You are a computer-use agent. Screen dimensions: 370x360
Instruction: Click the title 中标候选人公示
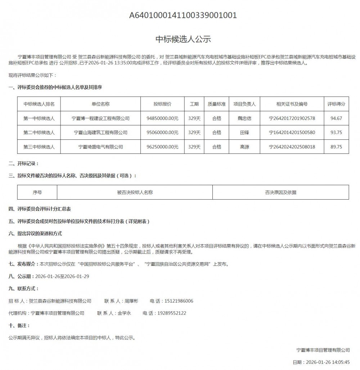coord(183,39)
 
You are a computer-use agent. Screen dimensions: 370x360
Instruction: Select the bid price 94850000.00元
coord(163,118)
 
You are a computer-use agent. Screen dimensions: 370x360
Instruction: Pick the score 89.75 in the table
coord(336,147)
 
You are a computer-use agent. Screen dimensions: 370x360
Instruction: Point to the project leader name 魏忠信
coord(244,118)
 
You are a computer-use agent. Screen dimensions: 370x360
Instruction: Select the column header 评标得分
coord(336,104)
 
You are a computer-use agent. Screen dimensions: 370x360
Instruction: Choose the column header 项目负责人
coord(244,104)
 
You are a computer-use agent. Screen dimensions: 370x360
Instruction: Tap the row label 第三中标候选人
coord(39,147)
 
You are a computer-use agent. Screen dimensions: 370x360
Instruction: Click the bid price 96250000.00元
coord(163,147)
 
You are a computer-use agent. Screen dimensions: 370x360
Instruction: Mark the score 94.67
coord(336,118)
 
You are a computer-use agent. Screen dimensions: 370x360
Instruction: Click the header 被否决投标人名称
coord(135,192)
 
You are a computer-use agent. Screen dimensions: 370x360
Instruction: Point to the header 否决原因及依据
coord(280,192)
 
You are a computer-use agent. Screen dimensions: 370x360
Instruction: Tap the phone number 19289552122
coord(172,313)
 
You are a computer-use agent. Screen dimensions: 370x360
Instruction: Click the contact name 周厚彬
coord(131,301)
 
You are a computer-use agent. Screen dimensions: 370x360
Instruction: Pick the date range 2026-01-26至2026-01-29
coord(61,276)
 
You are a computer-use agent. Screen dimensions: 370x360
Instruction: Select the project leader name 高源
coord(244,147)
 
